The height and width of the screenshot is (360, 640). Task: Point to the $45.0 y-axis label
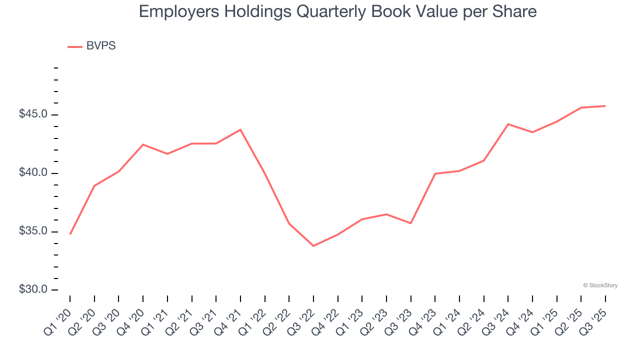tap(33, 114)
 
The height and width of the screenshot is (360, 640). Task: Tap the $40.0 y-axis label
tap(33, 173)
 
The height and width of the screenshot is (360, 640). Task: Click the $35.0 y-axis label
tap(33, 231)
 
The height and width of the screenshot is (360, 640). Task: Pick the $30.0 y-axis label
tap(33, 289)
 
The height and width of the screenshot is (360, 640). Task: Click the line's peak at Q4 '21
tap(240, 129)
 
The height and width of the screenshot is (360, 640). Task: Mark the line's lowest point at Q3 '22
tap(313, 246)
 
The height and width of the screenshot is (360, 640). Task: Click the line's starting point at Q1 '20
tap(70, 234)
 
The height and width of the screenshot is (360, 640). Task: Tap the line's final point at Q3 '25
tap(605, 106)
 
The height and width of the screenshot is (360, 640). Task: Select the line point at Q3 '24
tap(508, 124)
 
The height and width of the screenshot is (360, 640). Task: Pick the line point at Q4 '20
tap(143, 144)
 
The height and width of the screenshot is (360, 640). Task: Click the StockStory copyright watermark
tap(600, 285)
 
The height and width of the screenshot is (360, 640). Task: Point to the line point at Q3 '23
tap(410, 223)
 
